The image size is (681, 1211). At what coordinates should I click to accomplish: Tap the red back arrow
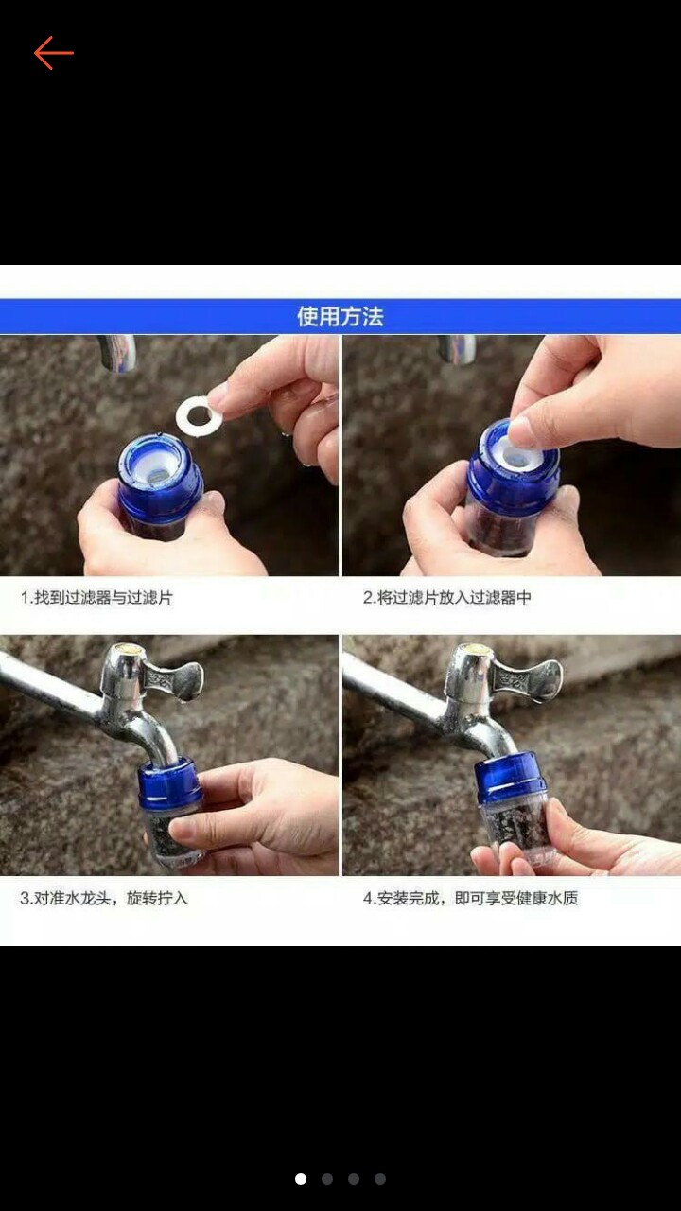tap(54, 54)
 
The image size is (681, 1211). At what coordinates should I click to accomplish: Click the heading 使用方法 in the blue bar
tap(340, 316)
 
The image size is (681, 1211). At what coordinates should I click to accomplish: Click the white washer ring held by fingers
tap(199, 414)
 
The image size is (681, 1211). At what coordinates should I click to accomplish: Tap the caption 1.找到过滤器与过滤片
tap(97, 598)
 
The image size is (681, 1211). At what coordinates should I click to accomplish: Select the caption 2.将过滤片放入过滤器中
tap(447, 598)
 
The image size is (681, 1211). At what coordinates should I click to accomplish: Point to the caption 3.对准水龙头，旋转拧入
tap(104, 898)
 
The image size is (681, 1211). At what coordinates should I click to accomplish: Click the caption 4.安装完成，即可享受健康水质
tap(470, 898)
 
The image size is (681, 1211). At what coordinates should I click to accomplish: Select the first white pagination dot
tap(301, 1179)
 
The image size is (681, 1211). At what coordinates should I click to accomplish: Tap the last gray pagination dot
tap(380, 1179)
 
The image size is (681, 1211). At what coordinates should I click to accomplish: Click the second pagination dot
tap(327, 1179)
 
